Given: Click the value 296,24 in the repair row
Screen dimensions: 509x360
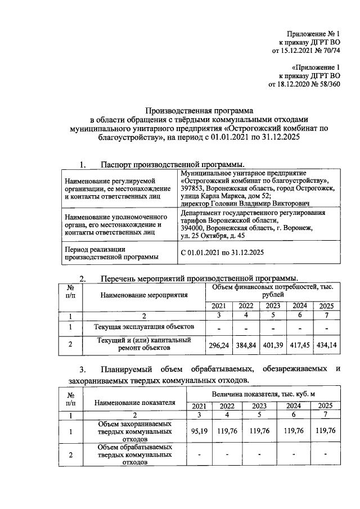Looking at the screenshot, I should click(219, 345).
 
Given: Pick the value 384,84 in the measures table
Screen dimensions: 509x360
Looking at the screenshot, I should click(245, 345).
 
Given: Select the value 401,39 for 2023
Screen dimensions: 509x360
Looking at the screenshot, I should click(273, 345).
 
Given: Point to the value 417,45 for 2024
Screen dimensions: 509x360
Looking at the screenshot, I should click(300, 345).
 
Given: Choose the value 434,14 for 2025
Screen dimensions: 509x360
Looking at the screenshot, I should click(326, 345).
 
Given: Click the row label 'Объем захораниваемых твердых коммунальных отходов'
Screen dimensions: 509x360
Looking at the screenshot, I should click(134, 431).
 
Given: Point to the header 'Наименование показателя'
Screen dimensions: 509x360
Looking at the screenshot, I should click(134, 402).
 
